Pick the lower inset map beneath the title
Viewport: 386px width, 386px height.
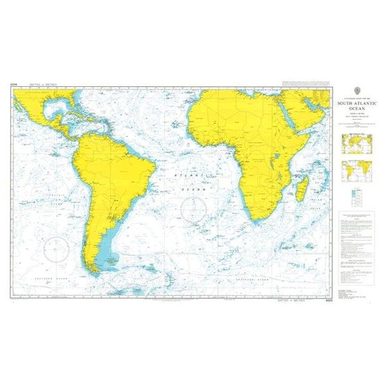pyautogui.click(x=354, y=170)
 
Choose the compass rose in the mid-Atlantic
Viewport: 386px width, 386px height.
pyautogui.click(x=191, y=207)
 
